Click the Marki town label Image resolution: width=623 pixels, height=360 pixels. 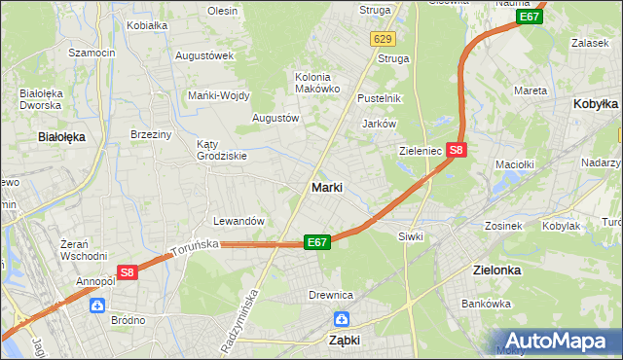pyautogui.click(x=326, y=187)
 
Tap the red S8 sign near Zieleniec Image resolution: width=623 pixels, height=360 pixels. pyautogui.click(x=458, y=150)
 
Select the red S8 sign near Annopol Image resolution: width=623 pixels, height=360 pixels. pyautogui.click(x=127, y=273)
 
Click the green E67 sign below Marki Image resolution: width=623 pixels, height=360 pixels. pyautogui.click(x=316, y=241)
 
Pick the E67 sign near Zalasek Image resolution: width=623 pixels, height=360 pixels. pyautogui.click(x=529, y=17)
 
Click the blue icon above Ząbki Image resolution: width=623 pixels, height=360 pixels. pyautogui.click(x=342, y=318)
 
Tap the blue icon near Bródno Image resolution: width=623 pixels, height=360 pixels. pyautogui.click(x=97, y=306)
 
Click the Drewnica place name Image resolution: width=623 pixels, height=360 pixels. pyautogui.click(x=331, y=295)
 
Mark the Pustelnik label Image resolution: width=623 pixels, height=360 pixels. pyautogui.click(x=379, y=98)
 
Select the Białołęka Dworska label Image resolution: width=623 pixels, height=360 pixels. pyautogui.click(x=41, y=100)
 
